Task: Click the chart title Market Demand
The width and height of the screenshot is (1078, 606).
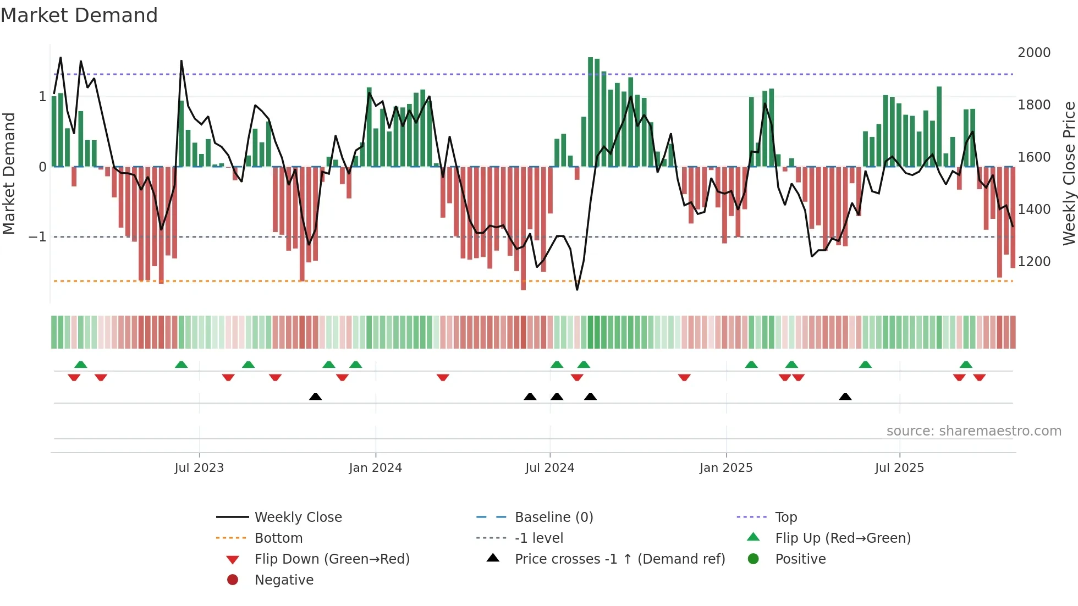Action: pos(79,15)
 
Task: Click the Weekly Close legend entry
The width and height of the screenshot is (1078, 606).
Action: pos(298,517)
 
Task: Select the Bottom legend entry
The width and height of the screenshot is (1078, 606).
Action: pos(278,538)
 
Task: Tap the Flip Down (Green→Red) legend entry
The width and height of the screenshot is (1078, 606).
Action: pos(332,559)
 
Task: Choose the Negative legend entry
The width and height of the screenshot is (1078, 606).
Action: pos(284,580)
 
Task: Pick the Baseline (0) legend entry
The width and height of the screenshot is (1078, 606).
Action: pos(553,517)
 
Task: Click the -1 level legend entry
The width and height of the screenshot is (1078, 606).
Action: pos(538,538)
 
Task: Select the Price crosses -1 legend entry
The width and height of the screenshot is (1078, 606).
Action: pos(619,559)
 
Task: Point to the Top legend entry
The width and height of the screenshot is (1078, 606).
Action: pos(785,517)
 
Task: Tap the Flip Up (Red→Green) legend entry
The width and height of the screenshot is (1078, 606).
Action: pos(843,538)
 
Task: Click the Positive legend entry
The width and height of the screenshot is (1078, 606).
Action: pos(800,559)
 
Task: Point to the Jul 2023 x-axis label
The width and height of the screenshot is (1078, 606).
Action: pos(199,468)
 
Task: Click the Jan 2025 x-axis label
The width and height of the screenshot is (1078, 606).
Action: pos(726,468)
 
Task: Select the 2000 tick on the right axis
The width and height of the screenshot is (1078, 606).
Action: pos(1033,53)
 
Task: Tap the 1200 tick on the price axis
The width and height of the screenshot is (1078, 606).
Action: pos(1033,262)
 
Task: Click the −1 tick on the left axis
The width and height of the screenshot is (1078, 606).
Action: pos(37,237)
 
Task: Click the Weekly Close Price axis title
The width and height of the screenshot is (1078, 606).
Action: pos(1068,173)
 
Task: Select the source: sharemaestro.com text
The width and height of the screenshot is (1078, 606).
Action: pos(974,431)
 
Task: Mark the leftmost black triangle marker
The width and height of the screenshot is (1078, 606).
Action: pos(315,396)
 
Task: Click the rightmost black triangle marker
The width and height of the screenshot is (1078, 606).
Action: pos(845,396)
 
